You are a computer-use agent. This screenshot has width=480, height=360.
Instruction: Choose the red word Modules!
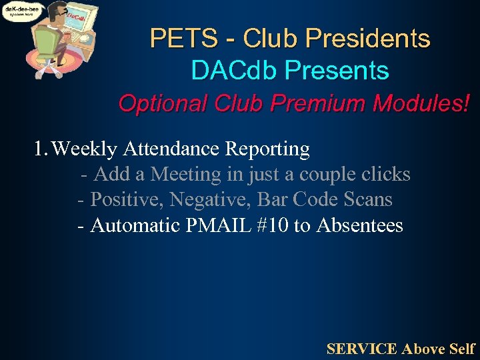tap(422, 103)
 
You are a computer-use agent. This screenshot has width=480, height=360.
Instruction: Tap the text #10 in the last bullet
tap(271, 225)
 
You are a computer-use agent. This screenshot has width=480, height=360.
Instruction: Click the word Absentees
tap(360, 225)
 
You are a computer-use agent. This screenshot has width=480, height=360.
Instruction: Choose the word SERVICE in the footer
tap(362, 348)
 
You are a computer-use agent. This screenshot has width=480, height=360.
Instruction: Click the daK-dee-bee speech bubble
tap(21, 11)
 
